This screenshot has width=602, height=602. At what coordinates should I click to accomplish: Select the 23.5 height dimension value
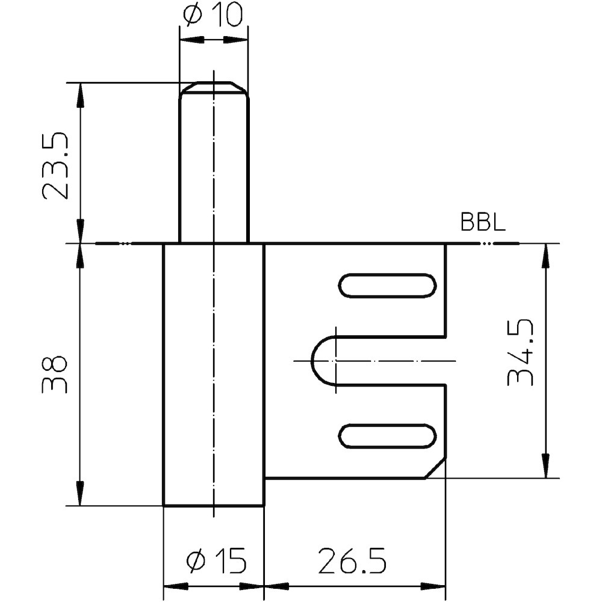56,166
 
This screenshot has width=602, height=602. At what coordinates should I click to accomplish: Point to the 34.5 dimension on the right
521,352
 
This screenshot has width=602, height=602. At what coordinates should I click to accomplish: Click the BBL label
483,223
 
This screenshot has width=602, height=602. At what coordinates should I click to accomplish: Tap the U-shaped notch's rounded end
318,361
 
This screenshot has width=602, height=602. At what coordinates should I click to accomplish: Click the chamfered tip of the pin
214,86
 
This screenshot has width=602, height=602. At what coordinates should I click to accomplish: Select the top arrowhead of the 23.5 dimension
79,94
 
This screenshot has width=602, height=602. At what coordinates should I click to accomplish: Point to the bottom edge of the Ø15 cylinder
214,506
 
